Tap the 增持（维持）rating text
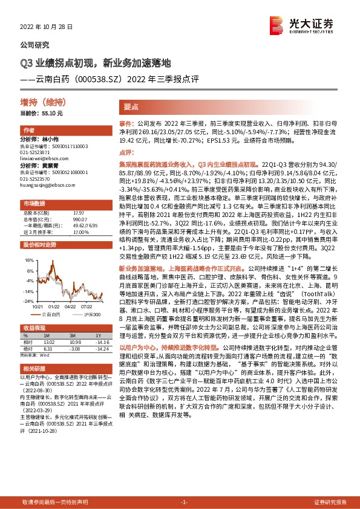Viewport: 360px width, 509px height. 39,102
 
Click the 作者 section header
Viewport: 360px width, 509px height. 28,131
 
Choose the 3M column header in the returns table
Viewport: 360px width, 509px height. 71,335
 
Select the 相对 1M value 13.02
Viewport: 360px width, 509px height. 49,342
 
